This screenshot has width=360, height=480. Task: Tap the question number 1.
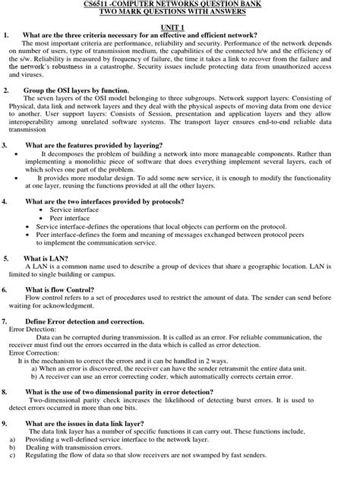[6, 35]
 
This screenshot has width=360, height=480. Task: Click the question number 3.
[6, 144]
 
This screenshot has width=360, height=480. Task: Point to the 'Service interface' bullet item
[75, 209]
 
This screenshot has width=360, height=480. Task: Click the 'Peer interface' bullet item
[71, 217]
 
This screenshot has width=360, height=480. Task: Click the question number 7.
[6, 322]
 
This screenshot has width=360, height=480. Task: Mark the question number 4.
[6, 201]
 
